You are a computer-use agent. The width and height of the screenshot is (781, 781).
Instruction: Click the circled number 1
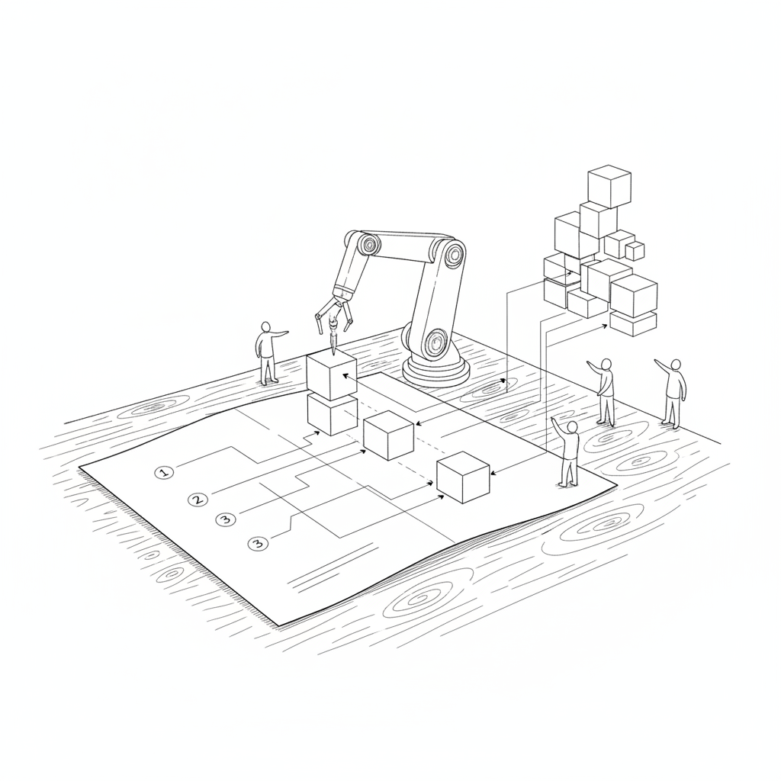pos(165,471)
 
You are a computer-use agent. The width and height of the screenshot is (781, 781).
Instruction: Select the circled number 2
pos(198,499)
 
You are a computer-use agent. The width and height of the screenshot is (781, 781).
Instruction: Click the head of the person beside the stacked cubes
pos(265,327)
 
